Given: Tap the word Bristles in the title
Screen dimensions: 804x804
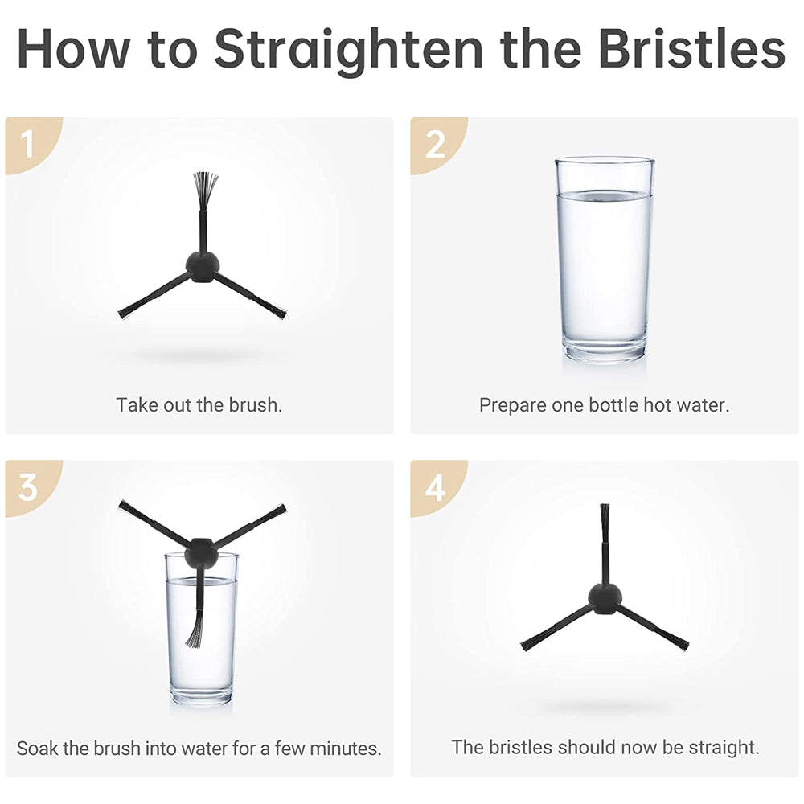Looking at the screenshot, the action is (692, 49).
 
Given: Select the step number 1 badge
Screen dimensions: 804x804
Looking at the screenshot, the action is (27, 145).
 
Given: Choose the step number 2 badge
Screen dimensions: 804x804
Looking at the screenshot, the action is (435, 145).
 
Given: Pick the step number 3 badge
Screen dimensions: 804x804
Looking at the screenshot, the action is (27, 487).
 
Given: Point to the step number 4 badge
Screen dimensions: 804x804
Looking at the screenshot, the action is (435, 487).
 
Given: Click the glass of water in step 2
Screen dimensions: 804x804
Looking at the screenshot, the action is (604, 260).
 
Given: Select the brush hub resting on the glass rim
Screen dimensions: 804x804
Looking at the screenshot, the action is (202, 552).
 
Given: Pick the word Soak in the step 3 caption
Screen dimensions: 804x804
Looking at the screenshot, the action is (38, 748).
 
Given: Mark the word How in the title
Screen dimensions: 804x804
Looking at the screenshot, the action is (73, 49).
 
